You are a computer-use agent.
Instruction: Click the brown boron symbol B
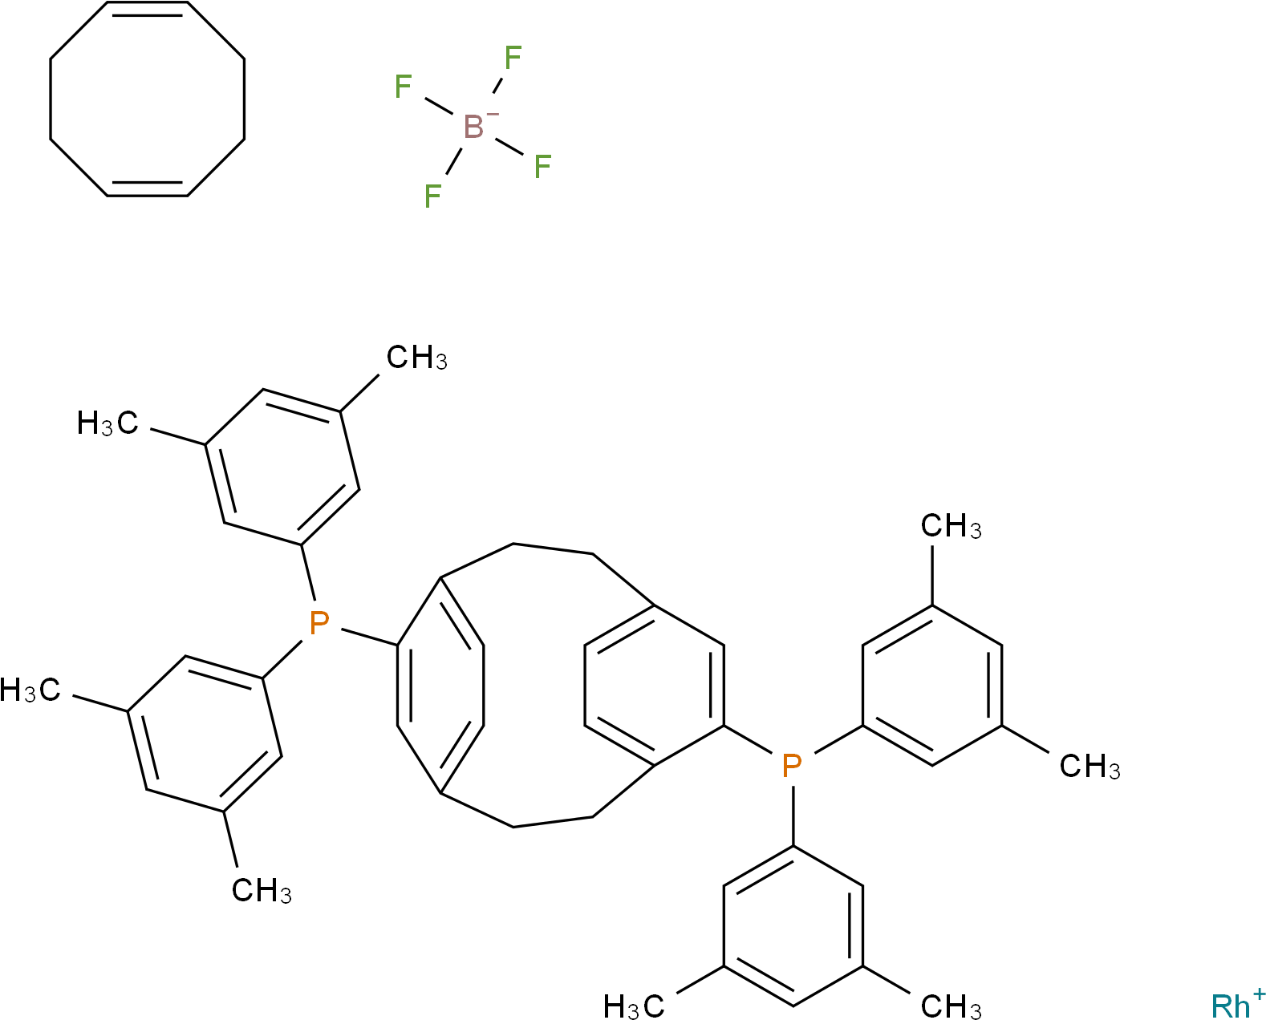[473, 127]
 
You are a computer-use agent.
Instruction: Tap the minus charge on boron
[493, 115]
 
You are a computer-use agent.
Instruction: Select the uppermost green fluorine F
[513, 58]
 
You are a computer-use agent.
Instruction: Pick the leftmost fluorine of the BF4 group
[403, 87]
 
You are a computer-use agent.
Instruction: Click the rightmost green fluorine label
[542, 167]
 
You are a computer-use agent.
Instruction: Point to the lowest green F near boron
[432, 196]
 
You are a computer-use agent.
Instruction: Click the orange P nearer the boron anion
[319, 622]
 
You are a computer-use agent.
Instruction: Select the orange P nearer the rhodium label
[792, 767]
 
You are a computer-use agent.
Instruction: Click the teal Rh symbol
[1231, 1006]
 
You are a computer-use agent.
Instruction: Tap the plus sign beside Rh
[1258, 994]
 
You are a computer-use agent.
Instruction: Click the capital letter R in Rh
[1222, 1006]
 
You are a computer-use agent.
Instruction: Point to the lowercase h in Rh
[1242, 1006]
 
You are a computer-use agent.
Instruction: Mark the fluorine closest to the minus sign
[513, 58]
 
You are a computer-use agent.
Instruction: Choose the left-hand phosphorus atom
[319, 622]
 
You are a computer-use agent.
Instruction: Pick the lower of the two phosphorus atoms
[792, 767]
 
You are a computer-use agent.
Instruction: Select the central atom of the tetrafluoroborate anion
[473, 127]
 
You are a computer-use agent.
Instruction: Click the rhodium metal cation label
[1231, 1006]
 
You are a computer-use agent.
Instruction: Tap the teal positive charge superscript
[1258, 994]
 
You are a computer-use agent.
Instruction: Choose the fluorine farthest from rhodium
[403, 87]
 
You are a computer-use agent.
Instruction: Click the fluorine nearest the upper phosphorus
[432, 196]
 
